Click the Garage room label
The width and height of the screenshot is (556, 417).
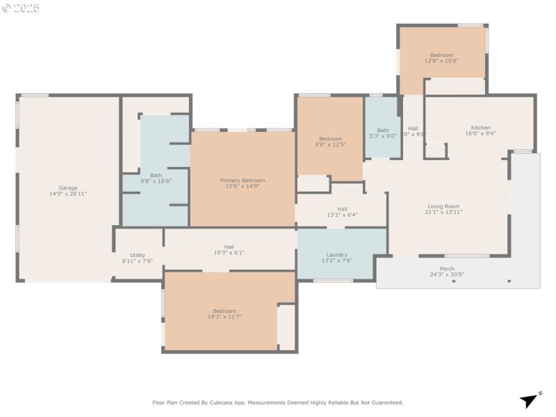(68, 188)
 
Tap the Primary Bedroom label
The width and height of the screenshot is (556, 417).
(243, 180)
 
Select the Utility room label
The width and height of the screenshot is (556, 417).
(138, 255)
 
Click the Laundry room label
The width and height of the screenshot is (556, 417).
(337, 254)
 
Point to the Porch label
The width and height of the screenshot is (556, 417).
(447, 268)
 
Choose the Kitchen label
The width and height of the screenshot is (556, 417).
(480, 127)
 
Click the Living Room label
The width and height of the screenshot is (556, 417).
(443, 206)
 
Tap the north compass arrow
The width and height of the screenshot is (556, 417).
(530, 400)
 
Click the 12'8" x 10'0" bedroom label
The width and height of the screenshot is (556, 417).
(441, 55)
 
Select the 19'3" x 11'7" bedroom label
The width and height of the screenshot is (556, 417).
(224, 311)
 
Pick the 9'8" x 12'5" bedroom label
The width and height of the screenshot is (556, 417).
(331, 138)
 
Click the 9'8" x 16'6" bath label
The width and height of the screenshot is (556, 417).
(156, 175)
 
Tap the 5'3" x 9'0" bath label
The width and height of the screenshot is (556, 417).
(383, 130)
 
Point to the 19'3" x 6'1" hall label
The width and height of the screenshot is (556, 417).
(229, 246)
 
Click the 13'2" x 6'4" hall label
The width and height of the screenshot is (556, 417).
(342, 208)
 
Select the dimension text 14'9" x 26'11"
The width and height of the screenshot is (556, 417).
(68, 193)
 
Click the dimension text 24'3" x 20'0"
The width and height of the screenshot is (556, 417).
(447, 275)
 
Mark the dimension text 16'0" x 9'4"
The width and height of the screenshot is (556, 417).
(480, 133)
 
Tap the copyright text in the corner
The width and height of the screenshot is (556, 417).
(21, 8)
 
